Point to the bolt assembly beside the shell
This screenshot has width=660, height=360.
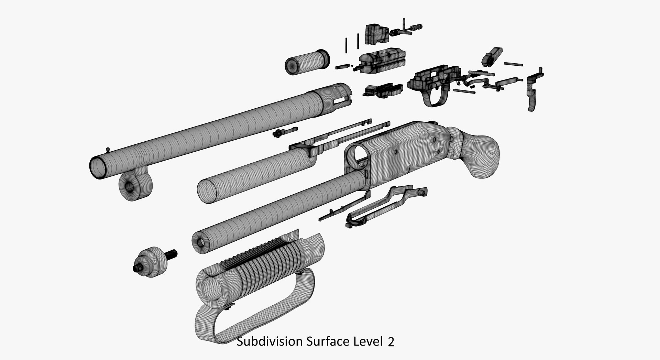click(382, 62)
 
